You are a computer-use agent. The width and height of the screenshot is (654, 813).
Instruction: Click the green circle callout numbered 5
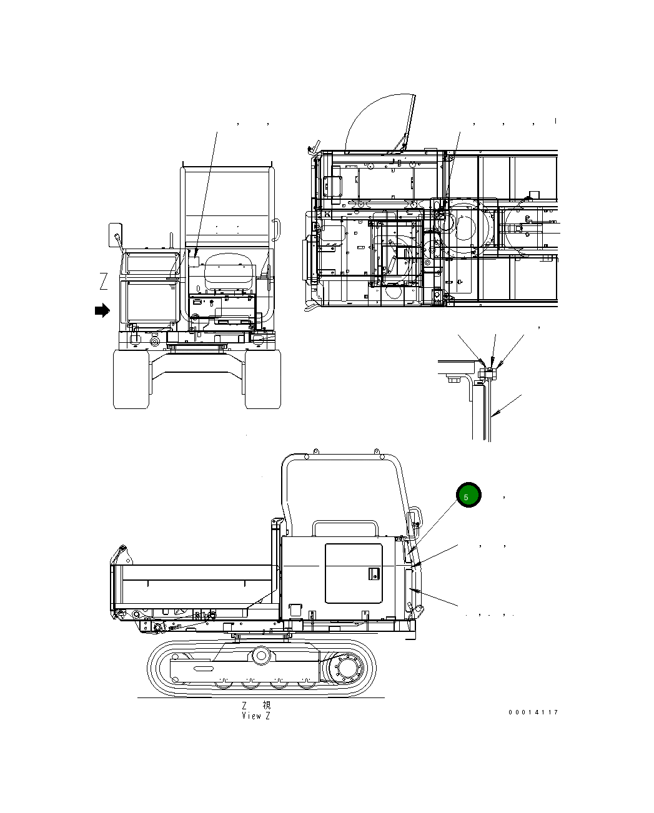[x=468, y=495]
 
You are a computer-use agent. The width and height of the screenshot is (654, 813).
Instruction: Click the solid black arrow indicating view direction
[x=102, y=310]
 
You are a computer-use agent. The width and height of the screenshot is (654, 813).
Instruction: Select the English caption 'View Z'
[x=256, y=716]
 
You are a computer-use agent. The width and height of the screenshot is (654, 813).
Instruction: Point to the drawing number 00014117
[x=533, y=712]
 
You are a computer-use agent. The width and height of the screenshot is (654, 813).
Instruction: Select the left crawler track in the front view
[x=131, y=379]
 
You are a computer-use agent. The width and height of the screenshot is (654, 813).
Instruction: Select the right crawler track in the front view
[x=263, y=379]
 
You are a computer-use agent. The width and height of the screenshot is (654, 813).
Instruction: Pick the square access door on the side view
[x=354, y=573]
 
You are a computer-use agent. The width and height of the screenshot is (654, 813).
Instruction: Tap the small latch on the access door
[x=373, y=573]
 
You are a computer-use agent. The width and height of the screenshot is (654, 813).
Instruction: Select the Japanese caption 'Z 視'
[x=256, y=705]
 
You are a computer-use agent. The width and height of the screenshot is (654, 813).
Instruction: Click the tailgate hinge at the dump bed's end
[x=120, y=553]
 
